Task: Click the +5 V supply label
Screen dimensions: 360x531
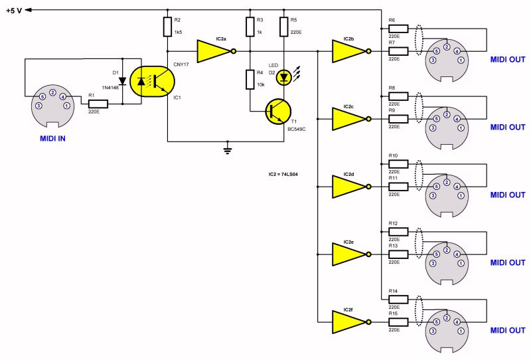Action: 15,9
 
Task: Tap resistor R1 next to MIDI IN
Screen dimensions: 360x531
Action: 98,104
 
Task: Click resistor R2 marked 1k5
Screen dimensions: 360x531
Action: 167,27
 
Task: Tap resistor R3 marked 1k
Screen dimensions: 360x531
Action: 250,27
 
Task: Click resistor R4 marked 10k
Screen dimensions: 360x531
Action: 250,80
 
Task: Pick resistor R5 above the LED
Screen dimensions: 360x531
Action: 284,27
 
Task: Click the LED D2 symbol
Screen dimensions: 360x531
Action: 284,78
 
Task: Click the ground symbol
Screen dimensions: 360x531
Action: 228,150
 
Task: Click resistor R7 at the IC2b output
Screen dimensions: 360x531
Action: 398,50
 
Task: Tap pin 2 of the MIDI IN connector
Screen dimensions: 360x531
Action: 52,92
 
